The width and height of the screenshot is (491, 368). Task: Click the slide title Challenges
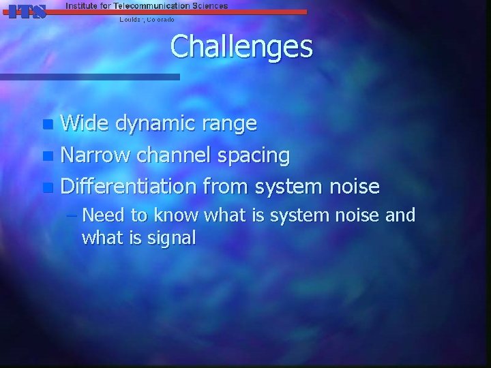click(x=241, y=47)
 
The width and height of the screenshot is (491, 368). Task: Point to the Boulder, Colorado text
click(x=147, y=20)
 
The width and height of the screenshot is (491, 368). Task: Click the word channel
click(x=174, y=155)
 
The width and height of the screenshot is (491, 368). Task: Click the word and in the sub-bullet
click(x=400, y=216)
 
